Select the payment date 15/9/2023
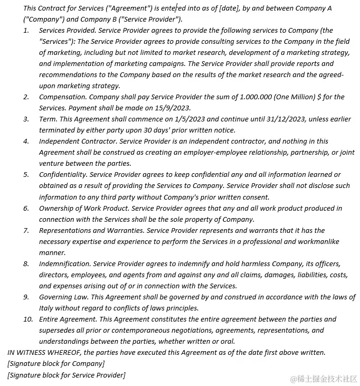coord(160,108)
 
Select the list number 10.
coord(28,319)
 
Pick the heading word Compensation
coord(62,97)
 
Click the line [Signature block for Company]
coord(56,363)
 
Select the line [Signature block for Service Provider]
coord(67,375)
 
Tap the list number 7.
coord(26,230)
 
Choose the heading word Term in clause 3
coord(48,119)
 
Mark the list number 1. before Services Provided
coord(26,31)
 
